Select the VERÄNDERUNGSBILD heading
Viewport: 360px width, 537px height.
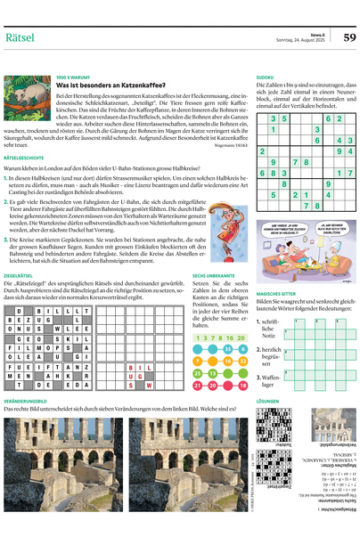coord(31,402)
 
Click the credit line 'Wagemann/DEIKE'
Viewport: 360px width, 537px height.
coord(228,145)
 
